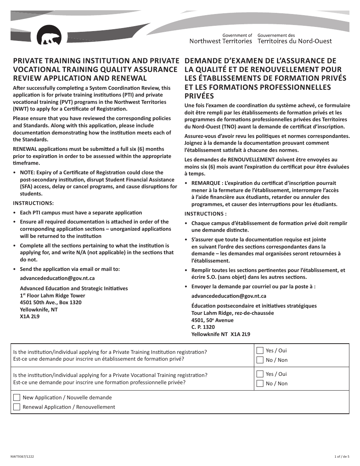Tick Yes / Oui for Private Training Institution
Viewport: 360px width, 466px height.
pyautogui.click(x=260, y=350)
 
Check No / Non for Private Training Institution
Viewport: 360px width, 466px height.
pyautogui.click(x=260, y=360)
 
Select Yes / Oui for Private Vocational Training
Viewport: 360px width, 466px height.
pyautogui.click(x=260, y=374)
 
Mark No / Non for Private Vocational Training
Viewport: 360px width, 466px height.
pyautogui.click(x=260, y=383)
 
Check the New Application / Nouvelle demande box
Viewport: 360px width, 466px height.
pyautogui.click(x=17, y=397)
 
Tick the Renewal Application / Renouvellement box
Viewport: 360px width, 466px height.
pyautogui.click(x=17, y=407)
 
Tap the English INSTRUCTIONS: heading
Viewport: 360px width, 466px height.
pyautogui.click(x=33, y=203)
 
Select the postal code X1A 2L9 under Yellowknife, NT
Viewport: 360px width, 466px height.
pyautogui.click(x=30, y=316)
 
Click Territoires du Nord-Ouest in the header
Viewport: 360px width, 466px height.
pyautogui.click(x=294, y=41)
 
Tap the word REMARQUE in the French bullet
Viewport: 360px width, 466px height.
pyautogui.click(x=206, y=183)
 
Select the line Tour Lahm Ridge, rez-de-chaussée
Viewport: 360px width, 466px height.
pyautogui.click(x=232, y=313)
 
